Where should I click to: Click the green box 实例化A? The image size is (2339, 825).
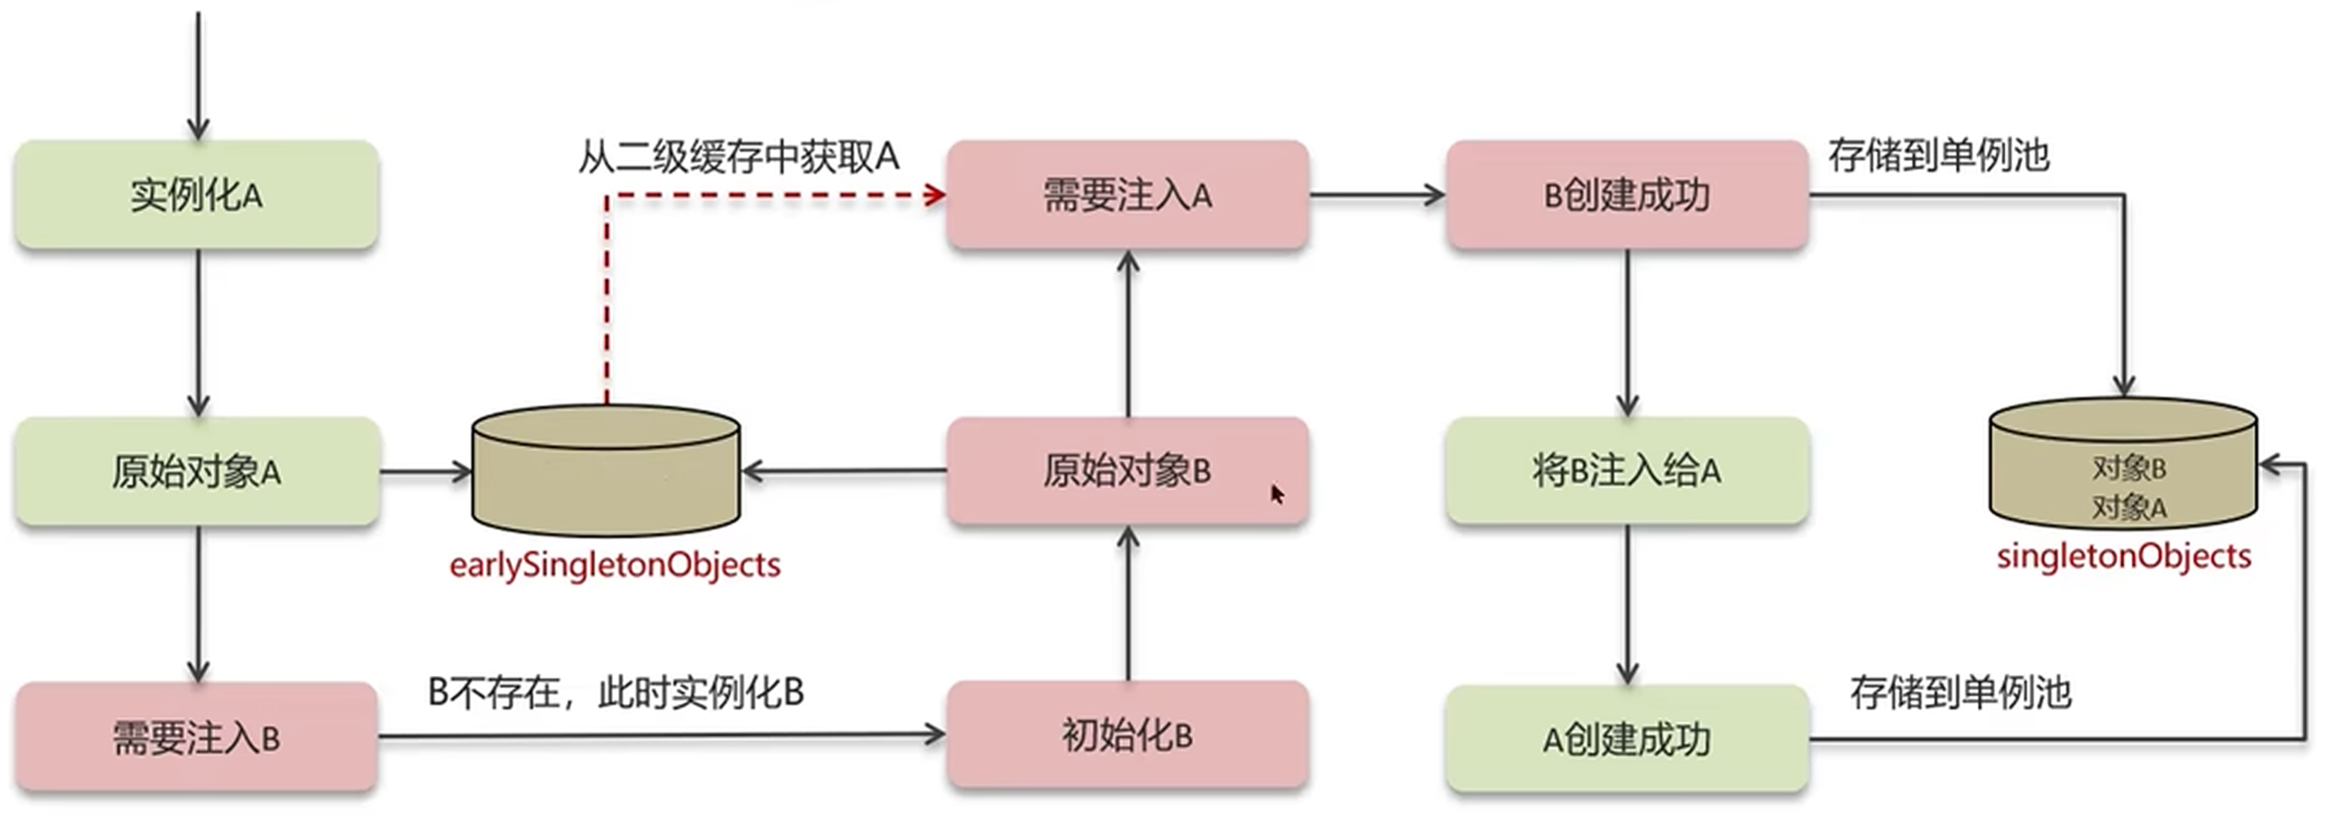pyautogui.click(x=197, y=195)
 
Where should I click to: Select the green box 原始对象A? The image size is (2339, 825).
pyautogui.click(x=197, y=472)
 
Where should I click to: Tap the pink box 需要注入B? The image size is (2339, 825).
pyautogui.click(x=197, y=737)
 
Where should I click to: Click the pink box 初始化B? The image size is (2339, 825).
pyautogui.click(x=1126, y=735)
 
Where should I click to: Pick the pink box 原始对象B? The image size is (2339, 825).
pyautogui.click(x=1126, y=471)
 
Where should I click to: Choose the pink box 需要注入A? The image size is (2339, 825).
pyautogui.click(x=1126, y=195)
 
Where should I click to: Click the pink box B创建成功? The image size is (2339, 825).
pyautogui.click(x=1626, y=195)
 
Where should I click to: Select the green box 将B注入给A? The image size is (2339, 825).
pyautogui.click(x=1626, y=471)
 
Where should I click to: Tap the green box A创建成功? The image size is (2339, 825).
pyautogui.click(x=1626, y=739)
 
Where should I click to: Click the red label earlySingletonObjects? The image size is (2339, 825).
pyautogui.click(x=615, y=565)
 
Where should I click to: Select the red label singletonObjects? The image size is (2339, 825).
pyautogui.click(x=2123, y=557)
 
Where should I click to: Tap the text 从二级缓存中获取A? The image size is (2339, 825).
pyautogui.click(x=738, y=157)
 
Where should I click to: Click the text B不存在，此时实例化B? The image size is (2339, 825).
pyautogui.click(x=615, y=692)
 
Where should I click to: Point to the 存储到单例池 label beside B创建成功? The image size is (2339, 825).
pyautogui.click(x=1938, y=155)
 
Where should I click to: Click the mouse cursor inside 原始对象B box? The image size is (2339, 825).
pyautogui.click(x=1277, y=494)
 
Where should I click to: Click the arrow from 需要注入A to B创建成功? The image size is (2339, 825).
pyautogui.click(x=1376, y=195)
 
